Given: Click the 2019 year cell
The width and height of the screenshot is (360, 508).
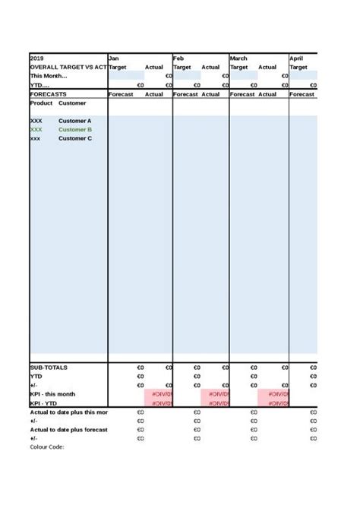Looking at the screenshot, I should tap(37, 58).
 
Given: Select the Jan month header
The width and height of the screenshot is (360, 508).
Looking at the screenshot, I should tap(114, 58).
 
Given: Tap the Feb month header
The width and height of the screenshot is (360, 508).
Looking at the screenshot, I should tap(178, 58).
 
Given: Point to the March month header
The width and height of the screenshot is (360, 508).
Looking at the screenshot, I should tap(238, 58).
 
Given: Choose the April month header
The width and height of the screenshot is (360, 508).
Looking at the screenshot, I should tap(295, 58).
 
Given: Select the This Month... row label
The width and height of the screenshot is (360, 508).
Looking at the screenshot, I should tap(49, 76).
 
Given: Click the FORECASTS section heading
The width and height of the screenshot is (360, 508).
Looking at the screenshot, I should tap(48, 94).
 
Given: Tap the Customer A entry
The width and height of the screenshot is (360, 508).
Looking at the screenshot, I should tap(74, 121).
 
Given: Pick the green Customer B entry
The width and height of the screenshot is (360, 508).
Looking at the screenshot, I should tap(74, 130).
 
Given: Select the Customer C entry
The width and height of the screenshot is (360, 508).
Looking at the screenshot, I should tap(74, 139).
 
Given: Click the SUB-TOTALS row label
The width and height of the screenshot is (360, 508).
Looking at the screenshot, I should tap(49, 368).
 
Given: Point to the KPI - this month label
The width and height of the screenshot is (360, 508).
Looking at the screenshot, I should tap(52, 394).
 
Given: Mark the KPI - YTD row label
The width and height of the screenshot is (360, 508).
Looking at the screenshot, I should tap(44, 403).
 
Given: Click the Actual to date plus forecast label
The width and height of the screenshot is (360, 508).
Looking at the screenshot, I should tap(68, 430).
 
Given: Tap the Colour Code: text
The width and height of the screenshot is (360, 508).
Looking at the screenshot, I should tap(47, 447).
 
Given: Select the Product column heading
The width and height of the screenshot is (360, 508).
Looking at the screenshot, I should tap(41, 103).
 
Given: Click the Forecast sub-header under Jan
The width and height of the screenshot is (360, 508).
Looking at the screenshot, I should tap(121, 94).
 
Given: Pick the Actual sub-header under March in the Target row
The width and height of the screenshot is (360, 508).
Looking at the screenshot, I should tap(267, 67).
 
